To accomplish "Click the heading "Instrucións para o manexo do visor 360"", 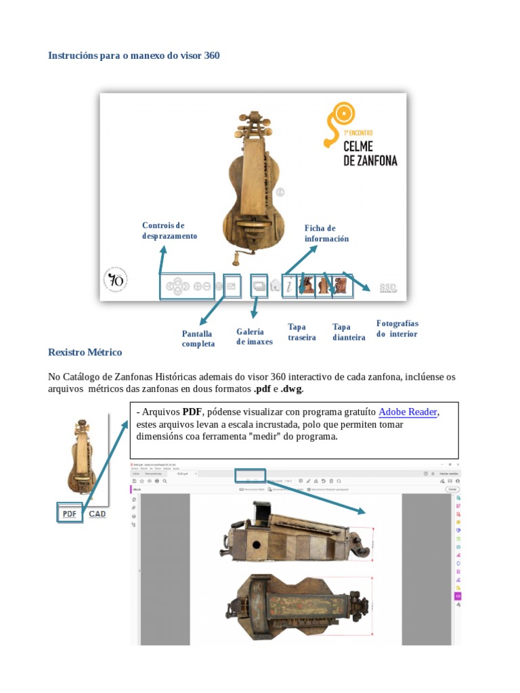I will [x=133, y=55].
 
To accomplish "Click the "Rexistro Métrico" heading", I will [x=85, y=353].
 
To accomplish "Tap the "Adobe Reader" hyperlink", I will [x=408, y=412].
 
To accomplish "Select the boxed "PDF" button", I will [x=69, y=514].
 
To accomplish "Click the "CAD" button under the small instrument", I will [x=97, y=514].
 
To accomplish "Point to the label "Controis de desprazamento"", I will [x=169, y=231].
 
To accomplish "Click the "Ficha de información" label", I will [x=326, y=233].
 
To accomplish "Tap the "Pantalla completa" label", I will [x=198, y=338].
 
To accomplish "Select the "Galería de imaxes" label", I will [x=254, y=336].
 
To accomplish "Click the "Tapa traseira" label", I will [x=301, y=332].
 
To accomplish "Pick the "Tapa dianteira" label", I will [x=349, y=332].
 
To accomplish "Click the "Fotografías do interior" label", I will [x=397, y=329].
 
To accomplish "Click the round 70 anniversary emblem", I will [x=115, y=280].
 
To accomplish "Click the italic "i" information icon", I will [x=289, y=286].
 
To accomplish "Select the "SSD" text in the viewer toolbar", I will [x=388, y=288].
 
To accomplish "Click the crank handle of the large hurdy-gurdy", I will [x=239, y=259].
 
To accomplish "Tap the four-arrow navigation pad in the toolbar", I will [x=177, y=286].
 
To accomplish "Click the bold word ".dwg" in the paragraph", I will [x=291, y=389].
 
